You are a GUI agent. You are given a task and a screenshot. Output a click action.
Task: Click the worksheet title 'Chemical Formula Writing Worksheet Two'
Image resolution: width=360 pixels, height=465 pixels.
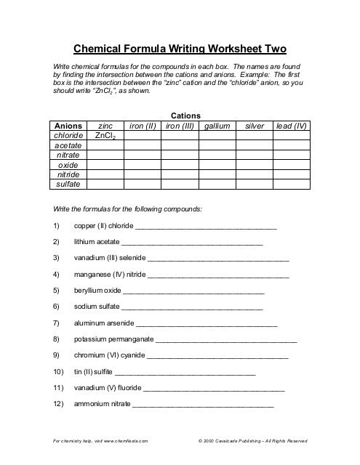point(180,49)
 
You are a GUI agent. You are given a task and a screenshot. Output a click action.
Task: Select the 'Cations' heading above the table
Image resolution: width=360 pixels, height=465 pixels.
point(185,116)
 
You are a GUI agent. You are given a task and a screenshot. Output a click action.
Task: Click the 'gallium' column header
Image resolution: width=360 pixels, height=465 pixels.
point(217,126)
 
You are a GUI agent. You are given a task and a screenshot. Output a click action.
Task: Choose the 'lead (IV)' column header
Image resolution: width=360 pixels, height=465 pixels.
point(292,126)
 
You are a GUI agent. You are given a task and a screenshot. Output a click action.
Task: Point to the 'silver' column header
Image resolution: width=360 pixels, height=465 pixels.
point(255,126)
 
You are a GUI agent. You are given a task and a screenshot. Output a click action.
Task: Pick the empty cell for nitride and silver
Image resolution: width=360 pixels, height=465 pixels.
point(255,175)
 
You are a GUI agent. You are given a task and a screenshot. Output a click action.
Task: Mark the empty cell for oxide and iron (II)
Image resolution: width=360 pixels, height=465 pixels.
point(143,165)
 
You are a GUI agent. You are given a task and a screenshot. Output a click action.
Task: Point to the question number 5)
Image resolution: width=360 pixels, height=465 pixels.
point(57,290)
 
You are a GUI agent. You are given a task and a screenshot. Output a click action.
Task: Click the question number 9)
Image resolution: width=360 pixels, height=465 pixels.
point(57,355)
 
